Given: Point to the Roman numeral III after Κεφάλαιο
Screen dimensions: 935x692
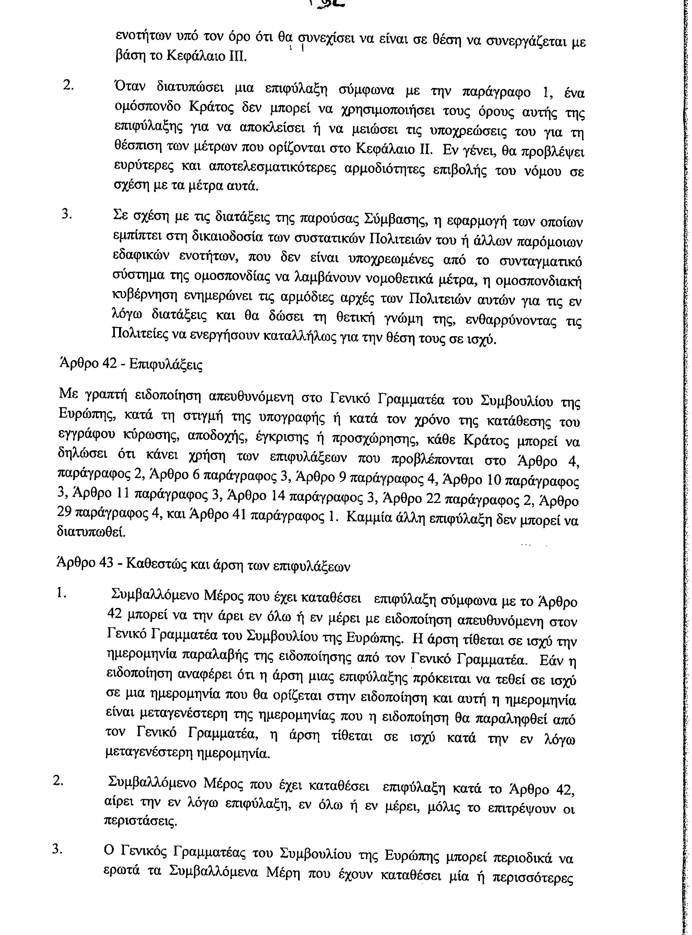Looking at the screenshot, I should tap(238, 56).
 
